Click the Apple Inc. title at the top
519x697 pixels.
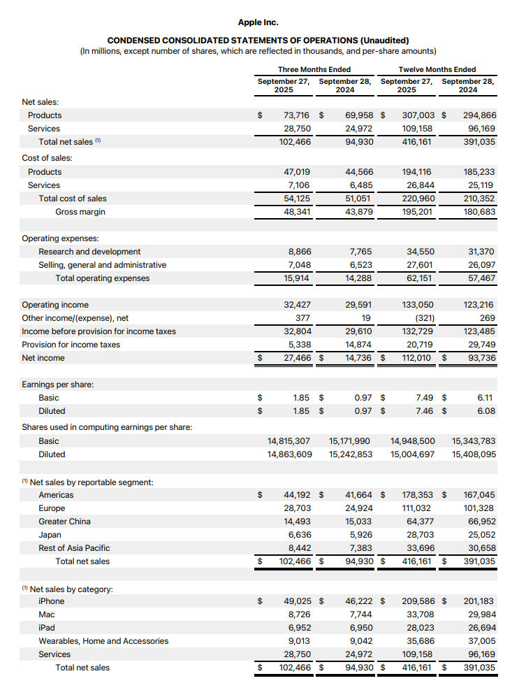coord(258,23)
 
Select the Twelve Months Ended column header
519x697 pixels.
coord(437,69)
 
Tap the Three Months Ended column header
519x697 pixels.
coord(314,69)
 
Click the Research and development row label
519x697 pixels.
coord(89,252)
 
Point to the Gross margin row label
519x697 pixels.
coord(80,212)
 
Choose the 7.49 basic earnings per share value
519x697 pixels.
coord(425,398)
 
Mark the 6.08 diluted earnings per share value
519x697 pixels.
coord(486,411)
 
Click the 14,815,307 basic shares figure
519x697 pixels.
coord(289,441)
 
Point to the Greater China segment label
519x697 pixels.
coord(64,522)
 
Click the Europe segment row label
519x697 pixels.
coord(52,508)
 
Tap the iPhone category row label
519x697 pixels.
coord(51,601)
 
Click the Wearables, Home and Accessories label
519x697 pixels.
coord(103,641)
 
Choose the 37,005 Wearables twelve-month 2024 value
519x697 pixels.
coord(480,641)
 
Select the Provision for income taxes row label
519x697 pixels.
coord(71,345)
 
